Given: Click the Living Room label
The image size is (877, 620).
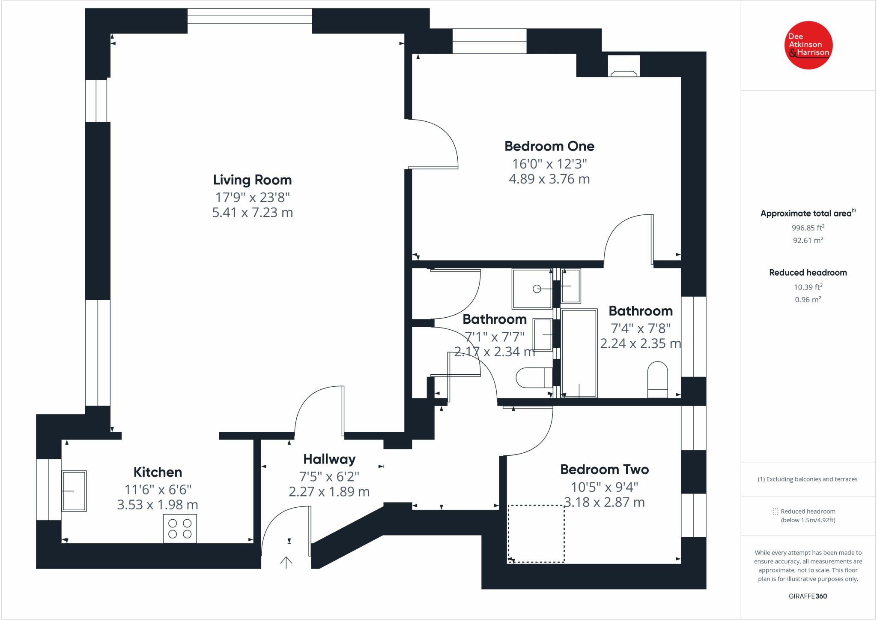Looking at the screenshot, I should click(x=252, y=180).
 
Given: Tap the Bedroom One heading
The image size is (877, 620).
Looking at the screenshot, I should click(x=549, y=146).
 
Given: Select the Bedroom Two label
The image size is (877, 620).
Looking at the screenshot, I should click(x=604, y=470).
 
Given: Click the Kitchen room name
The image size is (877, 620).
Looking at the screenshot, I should click(x=158, y=472).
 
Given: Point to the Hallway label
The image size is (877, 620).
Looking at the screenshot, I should click(x=329, y=459).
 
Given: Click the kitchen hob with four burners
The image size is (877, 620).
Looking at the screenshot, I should click(x=180, y=528).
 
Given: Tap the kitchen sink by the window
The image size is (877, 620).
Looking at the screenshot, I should click(x=74, y=491).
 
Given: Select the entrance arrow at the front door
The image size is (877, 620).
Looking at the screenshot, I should click(x=286, y=561).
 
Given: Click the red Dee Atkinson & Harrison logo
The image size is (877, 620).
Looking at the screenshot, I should click(x=808, y=45).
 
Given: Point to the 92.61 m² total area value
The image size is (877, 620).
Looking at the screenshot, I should click(x=808, y=241).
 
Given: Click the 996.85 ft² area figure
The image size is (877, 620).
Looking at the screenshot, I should click(x=808, y=228).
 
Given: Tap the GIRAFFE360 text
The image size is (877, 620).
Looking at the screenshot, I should click(x=808, y=596).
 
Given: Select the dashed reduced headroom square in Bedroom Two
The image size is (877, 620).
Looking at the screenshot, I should click(x=536, y=533).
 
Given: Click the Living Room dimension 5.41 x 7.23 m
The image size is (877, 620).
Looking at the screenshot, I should click(x=252, y=213).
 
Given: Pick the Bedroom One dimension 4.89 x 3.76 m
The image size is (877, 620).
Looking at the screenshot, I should click(x=549, y=179).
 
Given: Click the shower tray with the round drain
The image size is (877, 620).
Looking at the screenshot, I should click(x=532, y=289).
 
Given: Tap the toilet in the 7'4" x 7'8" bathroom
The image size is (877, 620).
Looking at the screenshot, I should click(x=657, y=379).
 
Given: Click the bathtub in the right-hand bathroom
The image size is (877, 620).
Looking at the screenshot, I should click(x=579, y=353).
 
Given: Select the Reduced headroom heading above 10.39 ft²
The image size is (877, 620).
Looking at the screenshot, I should click(x=808, y=273).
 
